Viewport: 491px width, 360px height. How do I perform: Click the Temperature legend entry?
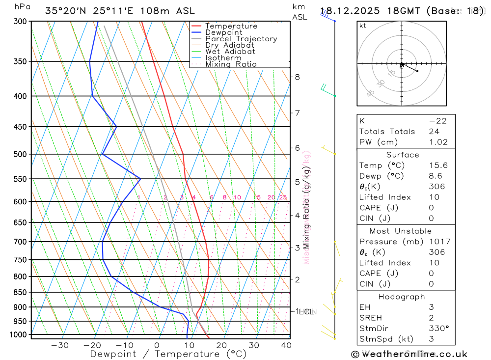[231, 26]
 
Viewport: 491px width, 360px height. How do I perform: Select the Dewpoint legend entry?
[224, 32]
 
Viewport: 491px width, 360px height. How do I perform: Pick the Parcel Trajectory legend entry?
[241, 39]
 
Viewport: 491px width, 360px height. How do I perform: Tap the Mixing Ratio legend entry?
[231, 64]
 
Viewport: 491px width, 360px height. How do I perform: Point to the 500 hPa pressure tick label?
[20, 154]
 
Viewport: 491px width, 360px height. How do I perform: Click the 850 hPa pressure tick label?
[20, 292]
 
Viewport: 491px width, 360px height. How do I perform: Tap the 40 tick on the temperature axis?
[286, 345]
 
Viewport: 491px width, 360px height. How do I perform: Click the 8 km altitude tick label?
[297, 77]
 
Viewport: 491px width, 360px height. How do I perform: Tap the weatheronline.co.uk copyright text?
[409, 354]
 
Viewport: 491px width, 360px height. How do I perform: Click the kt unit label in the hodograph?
[363, 26]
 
